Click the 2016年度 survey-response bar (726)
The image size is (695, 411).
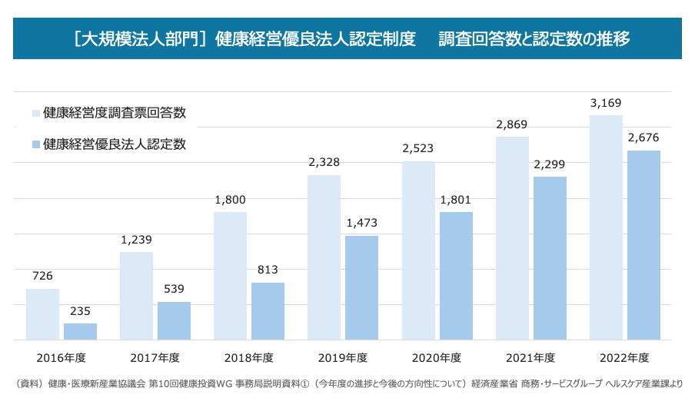[x=42, y=314]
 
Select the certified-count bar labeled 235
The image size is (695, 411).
[x=80, y=332]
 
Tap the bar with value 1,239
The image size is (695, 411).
[x=136, y=296]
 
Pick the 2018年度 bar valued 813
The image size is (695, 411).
[x=268, y=311]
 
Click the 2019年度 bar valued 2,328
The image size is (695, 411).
[x=324, y=257]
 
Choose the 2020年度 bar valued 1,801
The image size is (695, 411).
[x=456, y=276]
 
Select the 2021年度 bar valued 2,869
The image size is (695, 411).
[x=512, y=238]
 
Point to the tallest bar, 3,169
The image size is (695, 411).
[x=606, y=227]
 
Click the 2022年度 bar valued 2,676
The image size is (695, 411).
[x=643, y=245]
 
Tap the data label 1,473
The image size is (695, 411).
[x=361, y=223]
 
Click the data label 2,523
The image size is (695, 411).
[x=418, y=148]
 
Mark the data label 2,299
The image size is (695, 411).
[x=550, y=164]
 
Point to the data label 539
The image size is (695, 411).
[x=174, y=289]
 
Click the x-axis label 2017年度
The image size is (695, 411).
[x=155, y=358]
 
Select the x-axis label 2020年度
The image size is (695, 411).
[x=437, y=358]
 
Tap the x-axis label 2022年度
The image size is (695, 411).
[x=624, y=358]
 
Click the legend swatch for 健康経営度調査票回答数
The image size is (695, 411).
[x=35, y=114]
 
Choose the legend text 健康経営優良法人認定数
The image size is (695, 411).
[x=115, y=144]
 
